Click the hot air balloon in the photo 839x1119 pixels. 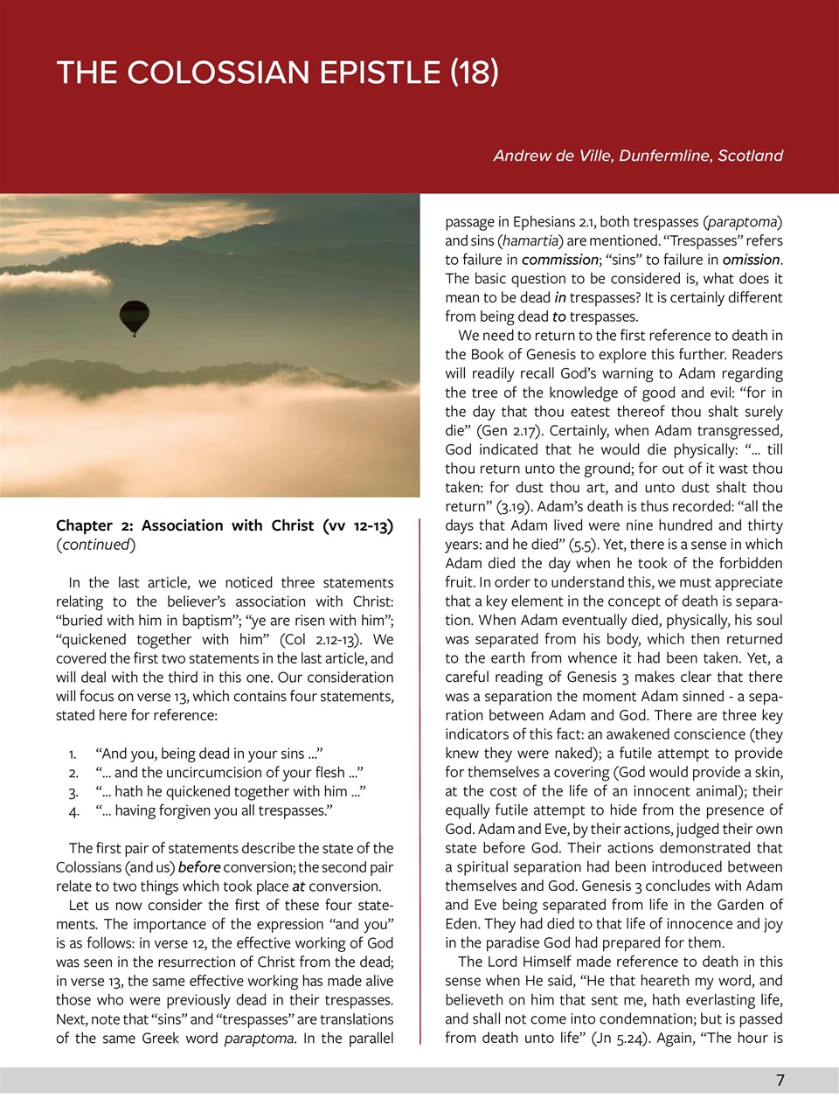tap(134, 316)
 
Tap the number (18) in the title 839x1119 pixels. tap(475, 72)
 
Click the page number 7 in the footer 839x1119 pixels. tap(780, 1081)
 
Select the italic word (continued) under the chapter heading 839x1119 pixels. tap(96, 545)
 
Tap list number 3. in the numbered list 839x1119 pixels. tap(73, 792)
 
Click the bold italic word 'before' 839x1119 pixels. tap(199, 867)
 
